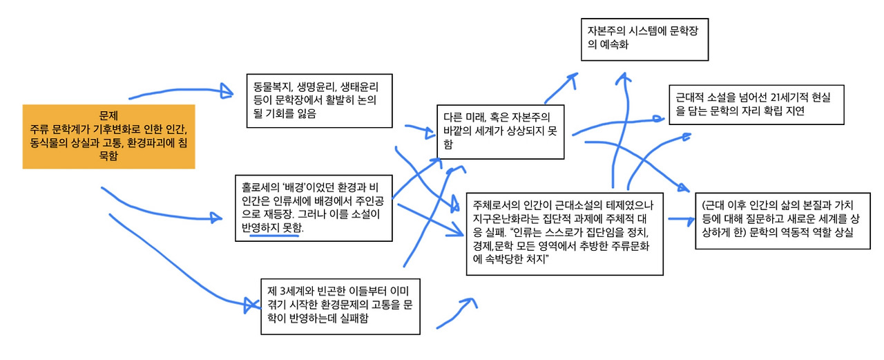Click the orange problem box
pyautogui.click(x=108, y=136)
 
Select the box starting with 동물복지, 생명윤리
pyautogui.click(x=318, y=100)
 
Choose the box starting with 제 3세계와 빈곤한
pyautogui.click(x=340, y=305)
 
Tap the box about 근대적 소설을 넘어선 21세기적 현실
pyautogui.click(x=756, y=104)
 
